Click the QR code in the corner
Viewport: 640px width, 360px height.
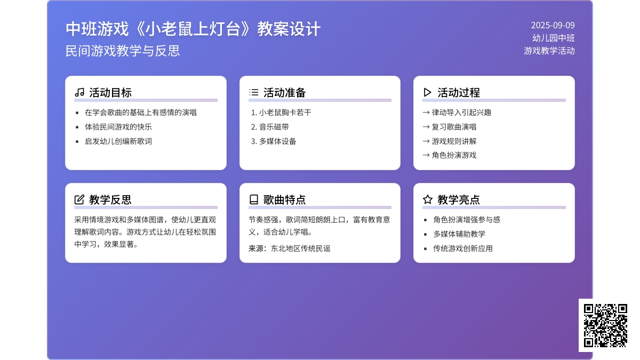click(x=605, y=325)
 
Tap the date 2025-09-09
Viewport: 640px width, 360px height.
click(x=553, y=26)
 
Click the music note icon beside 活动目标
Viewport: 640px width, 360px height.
click(x=79, y=92)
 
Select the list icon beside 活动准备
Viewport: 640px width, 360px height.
click(x=254, y=92)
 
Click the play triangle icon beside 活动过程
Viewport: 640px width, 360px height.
click(x=427, y=92)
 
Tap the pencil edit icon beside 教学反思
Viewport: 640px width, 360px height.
click(x=79, y=199)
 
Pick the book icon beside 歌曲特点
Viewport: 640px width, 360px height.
click(x=254, y=199)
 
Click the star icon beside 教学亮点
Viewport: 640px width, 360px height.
click(x=428, y=199)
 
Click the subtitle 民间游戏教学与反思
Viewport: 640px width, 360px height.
click(x=123, y=51)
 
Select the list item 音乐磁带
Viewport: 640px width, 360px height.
click(x=274, y=127)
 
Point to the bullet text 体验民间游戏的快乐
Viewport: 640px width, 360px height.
click(x=118, y=127)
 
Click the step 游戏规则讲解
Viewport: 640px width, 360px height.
click(x=454, y=141)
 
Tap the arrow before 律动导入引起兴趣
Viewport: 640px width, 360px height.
click(x=426, y=113)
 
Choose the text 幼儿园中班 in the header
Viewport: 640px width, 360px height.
click(x=554, y=38)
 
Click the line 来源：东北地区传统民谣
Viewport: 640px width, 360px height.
click(x=290, y=249)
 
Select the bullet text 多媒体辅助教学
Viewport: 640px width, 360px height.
click(x=459, y=234)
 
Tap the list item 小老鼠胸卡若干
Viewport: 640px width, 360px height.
click(x=285, y=113)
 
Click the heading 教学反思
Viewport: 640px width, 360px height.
click(x=110, y=199)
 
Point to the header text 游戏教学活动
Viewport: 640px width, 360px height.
click(x=549, y=51)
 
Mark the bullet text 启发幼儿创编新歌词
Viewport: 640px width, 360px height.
click(x=118, y=141)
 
